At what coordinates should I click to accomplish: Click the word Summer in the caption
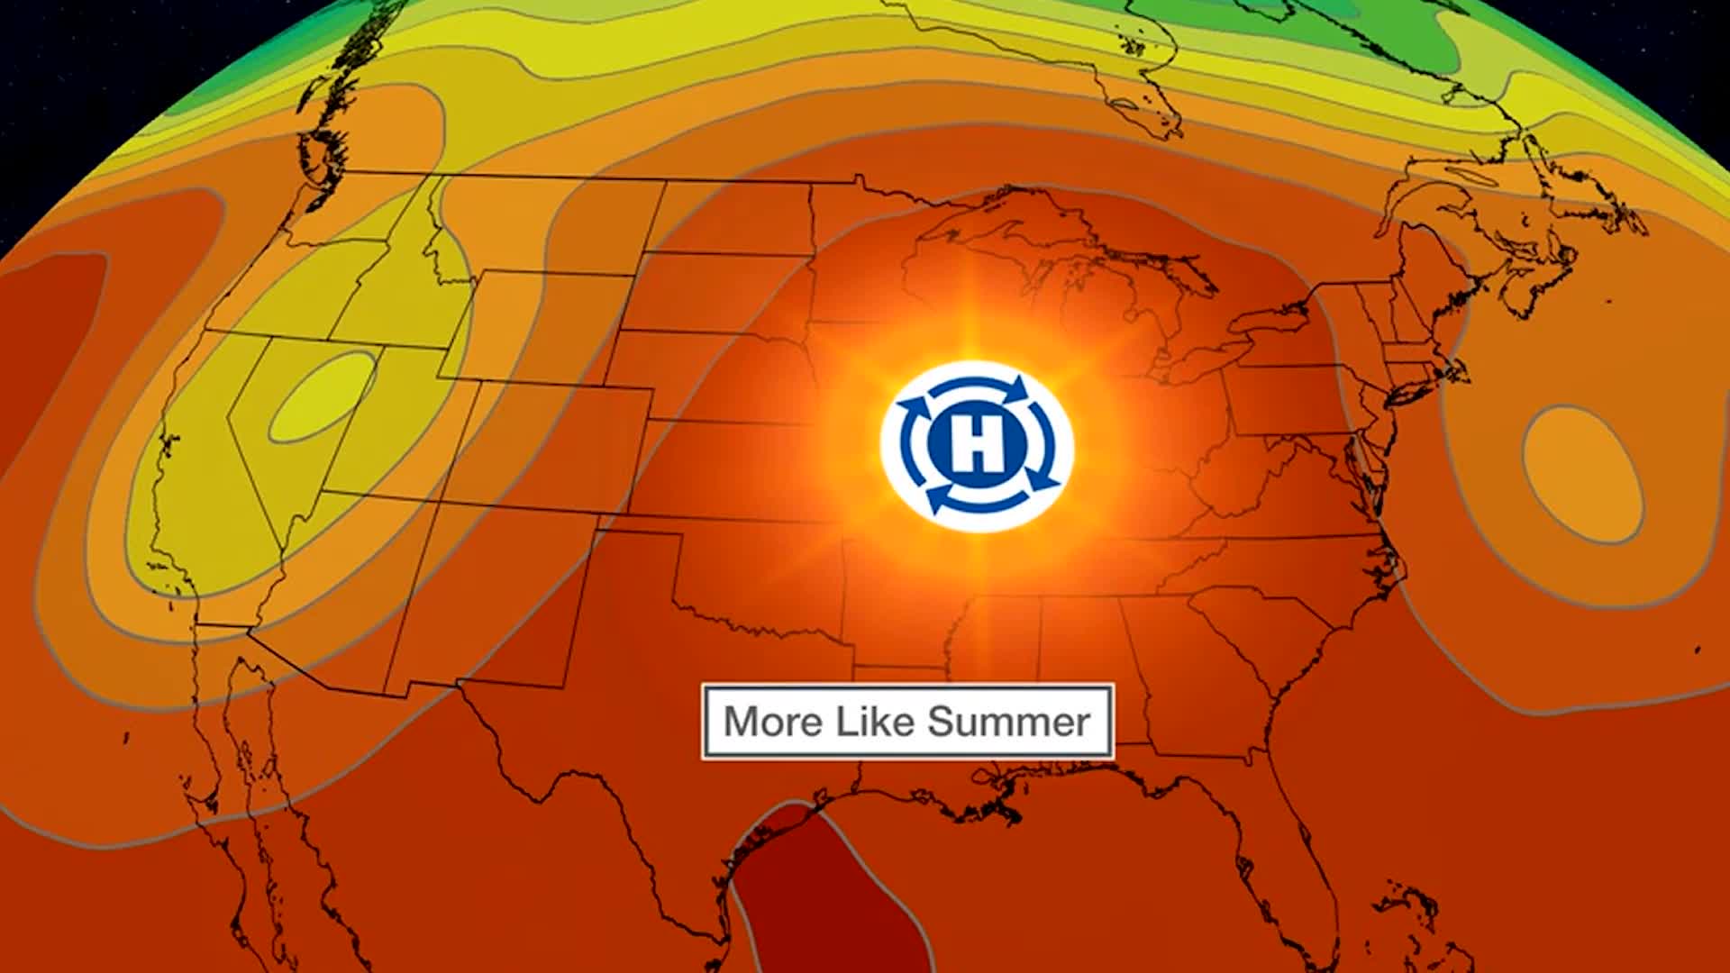[1008, 722]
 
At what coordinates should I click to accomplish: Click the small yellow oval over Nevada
[323, 396]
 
